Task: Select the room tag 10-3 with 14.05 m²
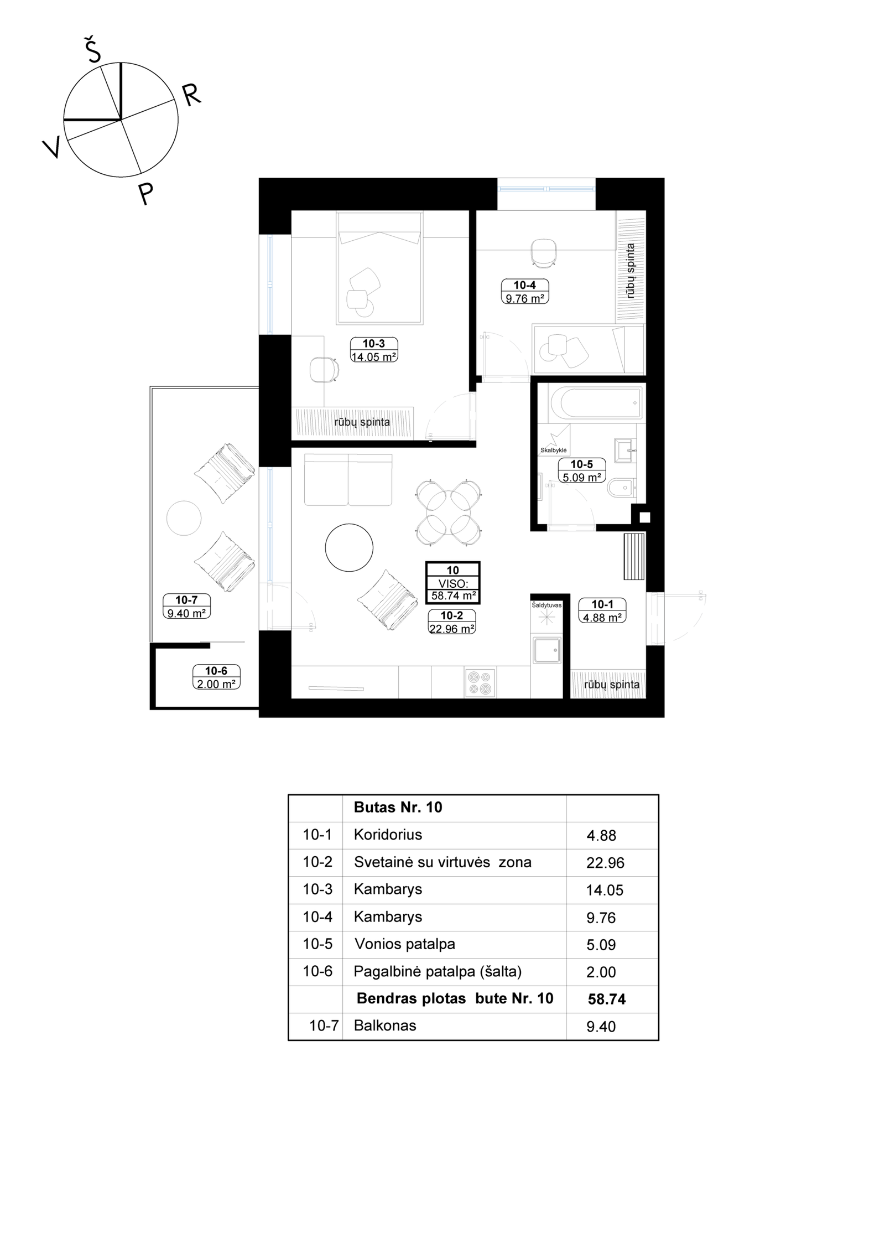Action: (374, 350)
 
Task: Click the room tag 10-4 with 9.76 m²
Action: (525, 292)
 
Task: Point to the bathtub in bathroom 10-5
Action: (596, 403)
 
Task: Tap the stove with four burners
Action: (480, 682)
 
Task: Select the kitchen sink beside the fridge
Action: (546, 650)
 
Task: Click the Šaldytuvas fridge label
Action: (546, 605)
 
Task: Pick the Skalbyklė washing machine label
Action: (553, 451)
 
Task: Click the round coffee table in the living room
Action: (349, 547)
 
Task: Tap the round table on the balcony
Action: (184, 518)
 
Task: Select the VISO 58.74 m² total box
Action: (452, 583)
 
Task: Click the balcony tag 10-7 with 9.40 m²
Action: (186, 607)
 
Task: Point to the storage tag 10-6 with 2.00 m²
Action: (216, 677)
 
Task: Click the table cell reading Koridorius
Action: (388, 834)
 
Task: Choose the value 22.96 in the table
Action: (605, 862)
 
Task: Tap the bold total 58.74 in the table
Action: (607, 999)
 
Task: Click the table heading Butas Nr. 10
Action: (398, 807)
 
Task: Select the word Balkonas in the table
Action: (385, 1026)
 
